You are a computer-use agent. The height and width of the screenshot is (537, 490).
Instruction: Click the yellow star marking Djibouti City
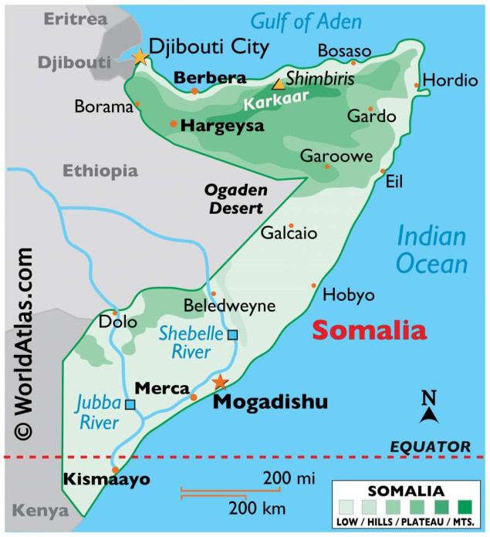coord(140,56)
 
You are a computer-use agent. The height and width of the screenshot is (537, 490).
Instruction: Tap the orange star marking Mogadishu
coord(221,382)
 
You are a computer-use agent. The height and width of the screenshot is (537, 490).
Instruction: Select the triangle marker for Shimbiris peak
coord(277,84)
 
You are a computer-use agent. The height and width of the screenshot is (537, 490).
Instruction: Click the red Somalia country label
coord(369,330)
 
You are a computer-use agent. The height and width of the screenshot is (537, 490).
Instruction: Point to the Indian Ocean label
coord(432,251)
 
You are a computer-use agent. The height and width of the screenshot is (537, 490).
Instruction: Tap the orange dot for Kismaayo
coord(116,470)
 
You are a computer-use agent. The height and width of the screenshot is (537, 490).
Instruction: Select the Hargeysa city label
coord(222,125)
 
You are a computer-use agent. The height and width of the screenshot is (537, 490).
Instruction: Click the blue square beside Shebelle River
coord(232,334)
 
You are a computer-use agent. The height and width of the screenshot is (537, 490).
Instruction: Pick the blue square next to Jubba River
coord(130,404)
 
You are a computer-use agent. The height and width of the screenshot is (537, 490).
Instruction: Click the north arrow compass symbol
coord(429,408)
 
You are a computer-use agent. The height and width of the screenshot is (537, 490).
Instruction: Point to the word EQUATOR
coord(430,446)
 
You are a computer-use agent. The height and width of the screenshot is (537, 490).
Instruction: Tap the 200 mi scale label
coord(288,479)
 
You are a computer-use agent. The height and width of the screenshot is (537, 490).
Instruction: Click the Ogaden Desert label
coord(234,199)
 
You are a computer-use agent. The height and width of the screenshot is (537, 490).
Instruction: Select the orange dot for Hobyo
coord(314,285)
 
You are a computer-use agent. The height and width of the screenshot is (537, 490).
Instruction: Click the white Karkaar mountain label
coord(267,99)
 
